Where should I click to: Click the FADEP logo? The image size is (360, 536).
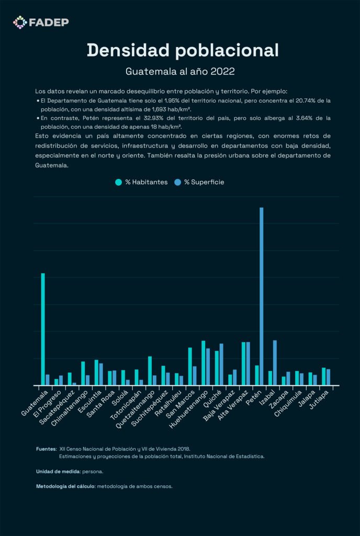(41, 22)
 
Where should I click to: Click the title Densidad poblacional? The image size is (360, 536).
(183, 50)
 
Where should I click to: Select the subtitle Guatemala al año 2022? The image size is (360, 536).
(179, 71)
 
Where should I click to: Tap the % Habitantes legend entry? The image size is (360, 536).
(141, 182)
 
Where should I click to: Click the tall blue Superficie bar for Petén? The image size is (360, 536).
(261, 296)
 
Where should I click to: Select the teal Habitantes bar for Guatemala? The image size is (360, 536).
(43, 329)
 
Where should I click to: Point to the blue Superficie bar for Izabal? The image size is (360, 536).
(275, 363)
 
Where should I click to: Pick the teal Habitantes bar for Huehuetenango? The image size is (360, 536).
(203, 363)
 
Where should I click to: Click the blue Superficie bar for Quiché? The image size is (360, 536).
(221, 364)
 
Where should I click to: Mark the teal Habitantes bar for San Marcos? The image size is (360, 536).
(190, 366)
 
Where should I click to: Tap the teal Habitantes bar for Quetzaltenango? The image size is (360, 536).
(150, 371)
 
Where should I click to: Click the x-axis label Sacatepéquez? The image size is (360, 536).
(59, 405)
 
